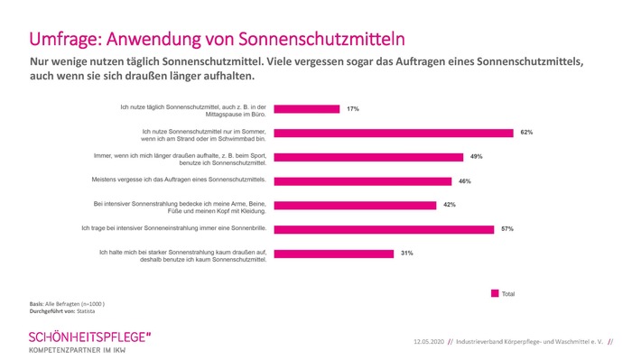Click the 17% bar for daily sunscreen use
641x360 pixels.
click(x=306, y=108)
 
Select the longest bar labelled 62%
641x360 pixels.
click(x=393, y=133)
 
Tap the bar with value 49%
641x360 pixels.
click(x=367, y=157)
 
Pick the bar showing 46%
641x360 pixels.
click(x=362, y=180)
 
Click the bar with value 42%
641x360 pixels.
click(x=354, y=205)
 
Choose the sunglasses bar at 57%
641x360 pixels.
click(x=383, y=229)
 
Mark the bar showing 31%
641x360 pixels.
click(x=333, y=254)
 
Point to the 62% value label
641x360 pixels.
click(x=526, y=133)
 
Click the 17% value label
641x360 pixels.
click(x=351, y=108)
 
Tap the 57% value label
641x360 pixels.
click(x=507, y=229)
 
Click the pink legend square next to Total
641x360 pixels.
click(x=494, y=293)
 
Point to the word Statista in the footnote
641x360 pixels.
click(x=88, y=311)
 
